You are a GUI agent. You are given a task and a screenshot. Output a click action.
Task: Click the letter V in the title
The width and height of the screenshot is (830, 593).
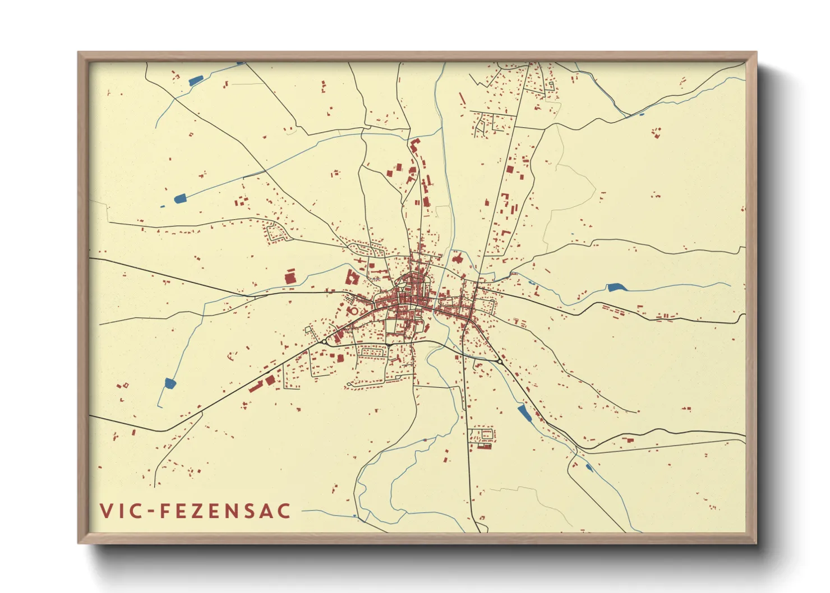106,511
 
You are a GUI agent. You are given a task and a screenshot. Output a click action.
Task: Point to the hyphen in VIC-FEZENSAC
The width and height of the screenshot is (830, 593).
150,511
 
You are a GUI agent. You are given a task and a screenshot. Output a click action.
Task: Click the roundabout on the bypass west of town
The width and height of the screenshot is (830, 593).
324,341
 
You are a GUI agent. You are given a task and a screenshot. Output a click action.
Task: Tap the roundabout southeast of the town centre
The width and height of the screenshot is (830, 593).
499,362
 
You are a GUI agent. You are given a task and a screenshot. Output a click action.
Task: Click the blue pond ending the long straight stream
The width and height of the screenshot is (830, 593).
179,198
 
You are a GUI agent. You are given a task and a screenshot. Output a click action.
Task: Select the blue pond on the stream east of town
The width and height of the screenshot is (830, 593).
616,288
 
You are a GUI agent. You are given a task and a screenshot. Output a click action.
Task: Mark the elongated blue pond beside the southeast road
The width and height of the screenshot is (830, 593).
524,414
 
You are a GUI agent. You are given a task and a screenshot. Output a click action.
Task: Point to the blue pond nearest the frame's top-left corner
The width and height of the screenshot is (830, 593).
195,81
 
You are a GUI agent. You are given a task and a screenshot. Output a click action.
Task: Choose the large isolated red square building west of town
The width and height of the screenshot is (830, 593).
290,277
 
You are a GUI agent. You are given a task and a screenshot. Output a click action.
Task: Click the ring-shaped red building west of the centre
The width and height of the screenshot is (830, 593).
353,311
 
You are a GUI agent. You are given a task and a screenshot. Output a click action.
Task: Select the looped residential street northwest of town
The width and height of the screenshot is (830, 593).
276,232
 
